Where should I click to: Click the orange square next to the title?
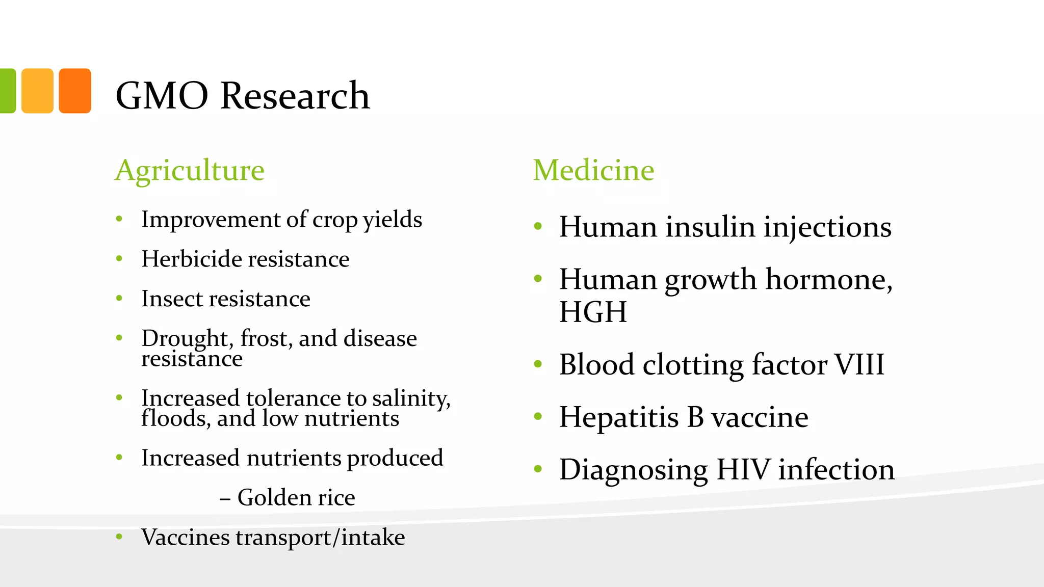coord(75,91)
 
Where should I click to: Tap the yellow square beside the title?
coord(37,91)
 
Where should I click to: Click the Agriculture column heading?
coord(190,170)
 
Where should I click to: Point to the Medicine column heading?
coord(593,170)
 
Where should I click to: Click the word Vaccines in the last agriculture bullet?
coord(185,537)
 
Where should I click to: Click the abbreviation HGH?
coord(593,312)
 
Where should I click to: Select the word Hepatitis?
coord(619,417)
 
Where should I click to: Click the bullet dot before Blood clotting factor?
coord(538,364)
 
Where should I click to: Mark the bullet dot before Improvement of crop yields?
coord(119,219)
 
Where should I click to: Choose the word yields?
coord(393,220)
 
